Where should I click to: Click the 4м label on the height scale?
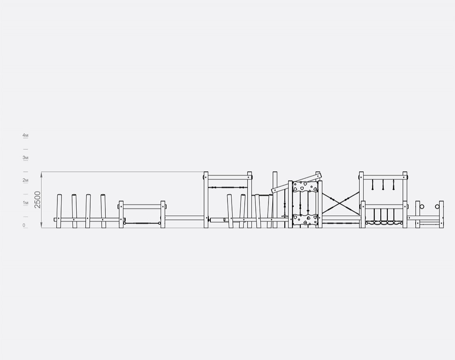click(25, 136)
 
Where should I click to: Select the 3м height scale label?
click(25, 158)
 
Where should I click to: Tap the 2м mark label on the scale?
click(25, 180)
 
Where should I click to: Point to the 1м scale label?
click(25, 203)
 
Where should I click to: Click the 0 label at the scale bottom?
click(24, 225)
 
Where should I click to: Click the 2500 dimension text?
click(38, 199)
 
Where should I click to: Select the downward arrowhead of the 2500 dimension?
click(42, 226)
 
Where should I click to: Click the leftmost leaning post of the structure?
click(59, 211)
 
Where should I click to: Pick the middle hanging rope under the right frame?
click(383, 185)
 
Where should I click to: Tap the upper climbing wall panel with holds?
click(305, 187)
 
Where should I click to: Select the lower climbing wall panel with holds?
click(305, 220)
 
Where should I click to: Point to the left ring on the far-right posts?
click(422, 207)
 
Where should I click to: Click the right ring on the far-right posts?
click(437, 207)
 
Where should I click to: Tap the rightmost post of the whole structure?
click(441, 215)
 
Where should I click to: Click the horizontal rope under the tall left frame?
click(228, 188)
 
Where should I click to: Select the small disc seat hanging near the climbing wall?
click(284, 216)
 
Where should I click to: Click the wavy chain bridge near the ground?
click(384, 223)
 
